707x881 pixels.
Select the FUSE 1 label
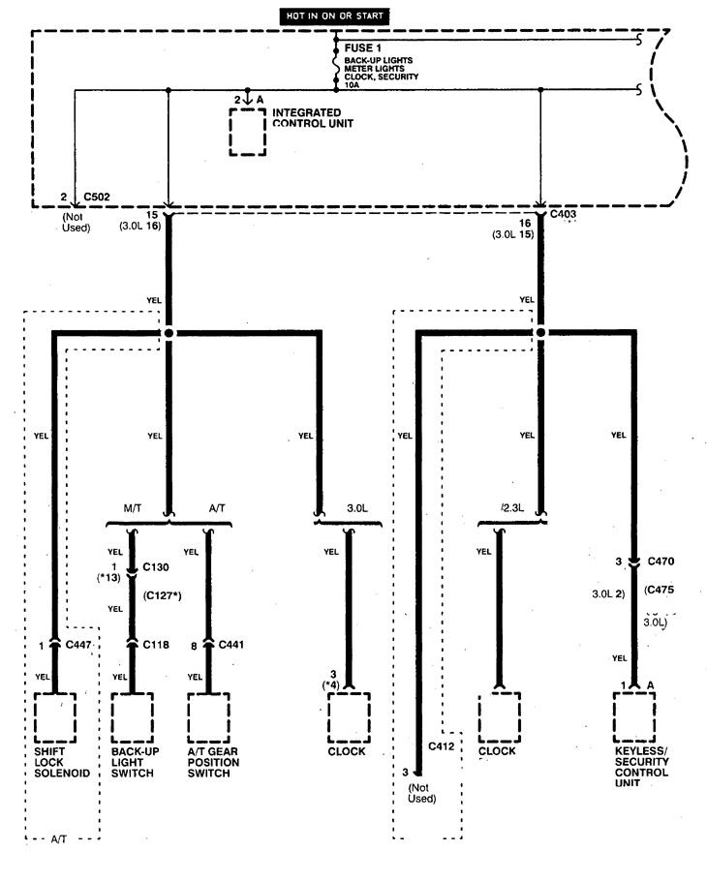point(363,46)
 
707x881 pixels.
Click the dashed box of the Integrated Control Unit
point(247,132)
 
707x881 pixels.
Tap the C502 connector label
point(97,197)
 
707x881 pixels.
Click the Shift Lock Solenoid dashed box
point(55,717)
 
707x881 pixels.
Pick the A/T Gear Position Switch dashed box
point(209,717)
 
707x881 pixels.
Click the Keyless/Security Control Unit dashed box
point(635,717)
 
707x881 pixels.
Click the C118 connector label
point(157,643)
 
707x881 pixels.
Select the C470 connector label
point(661,560)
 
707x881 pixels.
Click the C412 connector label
point(443,747)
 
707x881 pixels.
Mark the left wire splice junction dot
point(169,333)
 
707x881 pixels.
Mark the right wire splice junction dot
point(539,333)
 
